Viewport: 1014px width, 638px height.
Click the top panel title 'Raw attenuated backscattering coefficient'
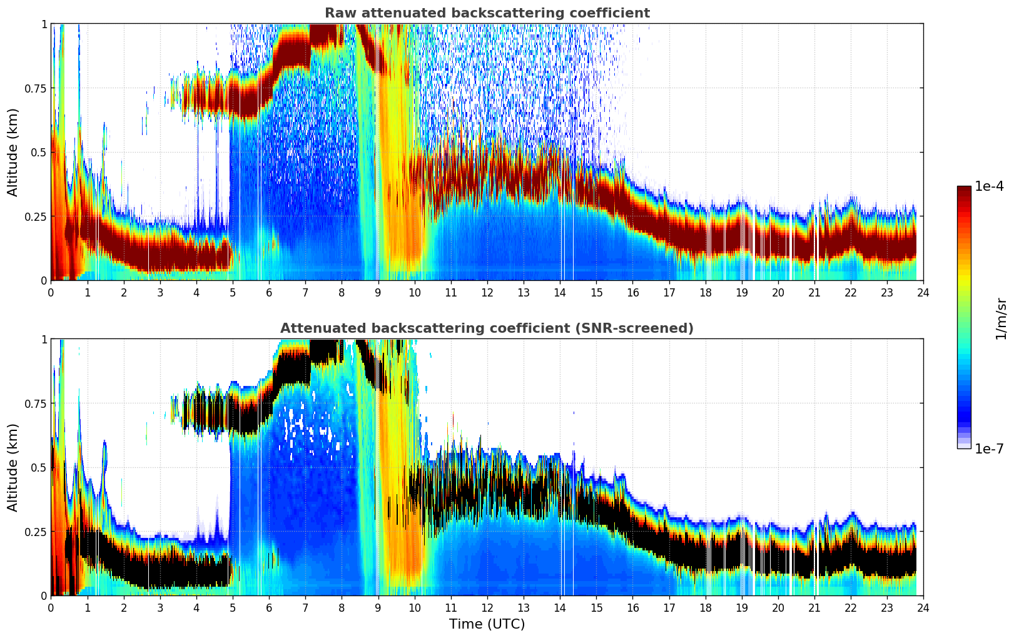click(x=487, y=13)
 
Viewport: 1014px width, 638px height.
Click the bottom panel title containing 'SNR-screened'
click(x=487, y=328)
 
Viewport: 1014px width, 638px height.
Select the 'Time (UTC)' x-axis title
click(x=487, y=624)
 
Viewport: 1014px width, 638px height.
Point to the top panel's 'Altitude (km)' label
click(x=13, y=152)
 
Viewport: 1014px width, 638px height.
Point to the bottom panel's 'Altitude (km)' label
click(x=13, y=467)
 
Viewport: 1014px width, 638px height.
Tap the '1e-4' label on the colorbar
click(x=989, y=186)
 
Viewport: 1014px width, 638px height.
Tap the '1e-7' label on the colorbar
click(x=989, y=448)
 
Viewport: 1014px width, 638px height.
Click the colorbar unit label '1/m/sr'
click(x=1001, y=318)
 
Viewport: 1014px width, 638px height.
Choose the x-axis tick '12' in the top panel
click(x=487, y=292)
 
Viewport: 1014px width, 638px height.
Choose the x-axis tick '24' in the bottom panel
click(x=923, y=607)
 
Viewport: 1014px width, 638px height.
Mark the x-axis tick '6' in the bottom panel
click(x=269, y=607)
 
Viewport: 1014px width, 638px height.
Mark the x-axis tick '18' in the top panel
click(x=706, y=292)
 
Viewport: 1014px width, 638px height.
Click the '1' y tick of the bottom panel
click(x=44, y=339)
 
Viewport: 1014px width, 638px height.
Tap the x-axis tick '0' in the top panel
click(x=51, y=292)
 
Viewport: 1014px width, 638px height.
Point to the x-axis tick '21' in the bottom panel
click(x=814, y=607)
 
